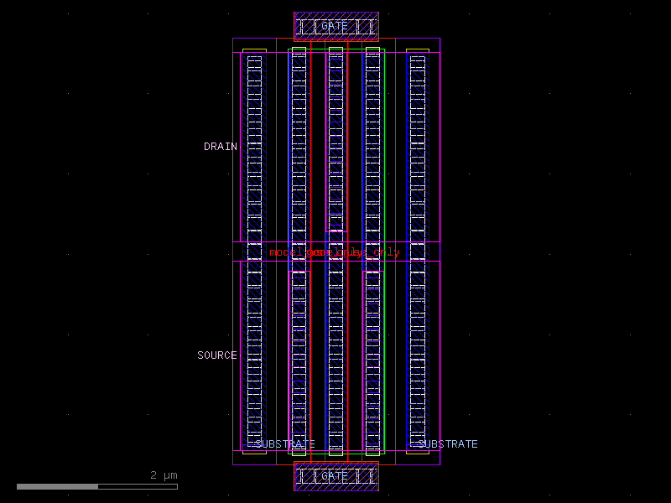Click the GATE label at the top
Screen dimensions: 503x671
[335, 26]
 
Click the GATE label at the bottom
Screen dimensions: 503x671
[335, 476]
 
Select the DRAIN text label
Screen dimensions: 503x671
[221, 147]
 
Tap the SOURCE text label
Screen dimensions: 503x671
[217, 355]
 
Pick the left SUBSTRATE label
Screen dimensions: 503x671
[285, 444]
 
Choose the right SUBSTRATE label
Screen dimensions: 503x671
[448, 444]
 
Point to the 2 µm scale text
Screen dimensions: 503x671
[164, 475]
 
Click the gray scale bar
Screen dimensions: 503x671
[96, 486]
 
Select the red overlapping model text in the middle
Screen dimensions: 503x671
[335, 252]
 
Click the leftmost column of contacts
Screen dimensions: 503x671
[254, 251]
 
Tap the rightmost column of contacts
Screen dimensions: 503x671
[417, 251]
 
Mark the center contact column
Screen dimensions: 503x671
[335, 335]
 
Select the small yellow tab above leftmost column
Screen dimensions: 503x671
[254, 50]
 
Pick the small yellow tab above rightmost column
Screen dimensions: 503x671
[417, 50]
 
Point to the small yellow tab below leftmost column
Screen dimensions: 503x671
[254, 452]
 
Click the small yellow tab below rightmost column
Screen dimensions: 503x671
[417, 452]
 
